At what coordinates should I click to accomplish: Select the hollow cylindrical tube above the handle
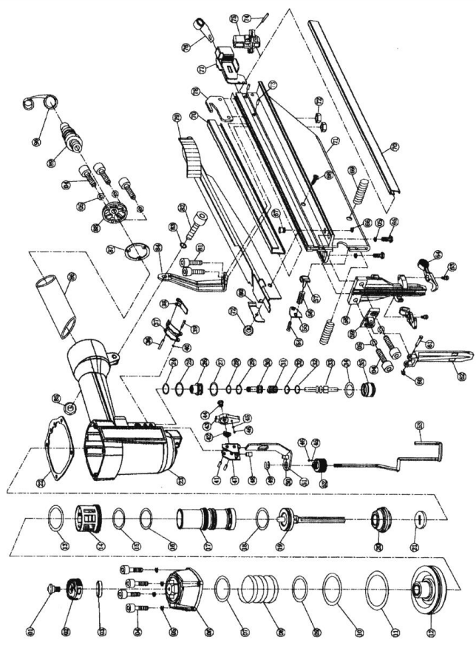[x=57, y=303]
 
